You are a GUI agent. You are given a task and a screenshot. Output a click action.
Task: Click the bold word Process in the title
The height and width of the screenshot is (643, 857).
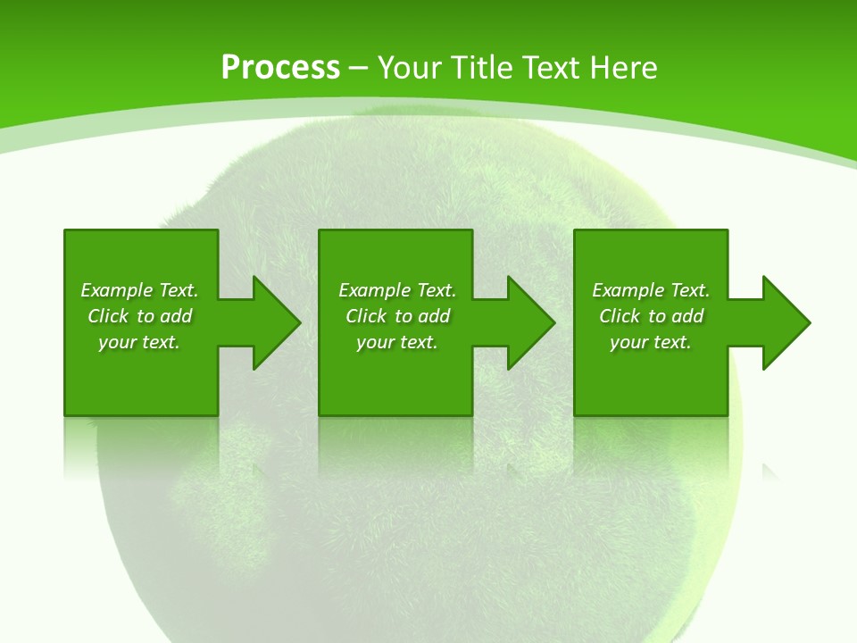[280, 68]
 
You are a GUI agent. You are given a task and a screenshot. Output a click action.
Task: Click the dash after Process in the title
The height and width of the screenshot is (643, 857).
[359, 69]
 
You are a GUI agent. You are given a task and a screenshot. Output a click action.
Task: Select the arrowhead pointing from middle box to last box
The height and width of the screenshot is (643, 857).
[529, 322]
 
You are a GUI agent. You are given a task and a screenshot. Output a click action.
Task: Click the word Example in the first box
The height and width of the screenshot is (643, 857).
[116, 290]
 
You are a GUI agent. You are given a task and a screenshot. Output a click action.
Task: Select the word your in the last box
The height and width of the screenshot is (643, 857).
[629, 342]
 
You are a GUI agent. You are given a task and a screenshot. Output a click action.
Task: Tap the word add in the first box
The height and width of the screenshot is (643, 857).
[177, 316]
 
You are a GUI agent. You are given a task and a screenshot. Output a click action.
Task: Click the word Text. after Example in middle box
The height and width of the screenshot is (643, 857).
[437, 290]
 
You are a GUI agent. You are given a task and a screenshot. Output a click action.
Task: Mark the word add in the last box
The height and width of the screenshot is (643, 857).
[688, 316]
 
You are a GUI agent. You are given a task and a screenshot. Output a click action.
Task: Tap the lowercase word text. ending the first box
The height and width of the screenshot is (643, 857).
[162, 342]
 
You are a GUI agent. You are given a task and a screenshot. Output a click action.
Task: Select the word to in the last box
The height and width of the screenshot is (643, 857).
[657, 316]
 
